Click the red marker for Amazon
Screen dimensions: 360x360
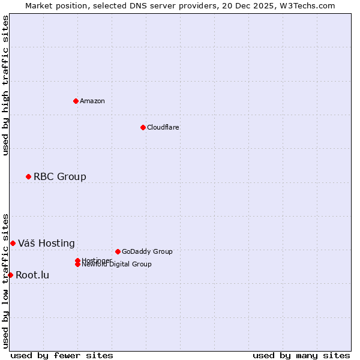click(x=76, y=101)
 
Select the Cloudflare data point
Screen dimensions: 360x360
click(x=143, y=127)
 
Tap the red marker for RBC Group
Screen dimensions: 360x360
click(x=28, y=176)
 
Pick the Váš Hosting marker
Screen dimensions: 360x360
click(x=13, y=243)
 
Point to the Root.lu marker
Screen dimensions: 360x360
click(x=10, y=275)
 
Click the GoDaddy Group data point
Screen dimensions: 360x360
click(x=118, y=251)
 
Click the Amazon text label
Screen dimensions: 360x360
click(x=92, y=101)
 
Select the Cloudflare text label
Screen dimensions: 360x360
click(x=163, y=127)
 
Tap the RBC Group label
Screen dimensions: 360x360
click(x=59, y=176)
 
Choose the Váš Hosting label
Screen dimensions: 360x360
click(x=46, y=243)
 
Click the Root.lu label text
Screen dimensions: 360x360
click(x=32, y=275)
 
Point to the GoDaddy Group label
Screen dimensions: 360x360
click(x=147, y=251)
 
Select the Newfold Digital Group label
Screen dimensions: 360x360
click(x=116, y=264)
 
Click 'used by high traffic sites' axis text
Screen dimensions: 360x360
click(x=6, y=85)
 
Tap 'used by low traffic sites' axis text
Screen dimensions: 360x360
click(x=6, y=280)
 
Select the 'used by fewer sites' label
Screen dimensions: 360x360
click(x=62, y=355)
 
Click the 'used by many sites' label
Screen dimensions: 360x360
click(x=301, y=355)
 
